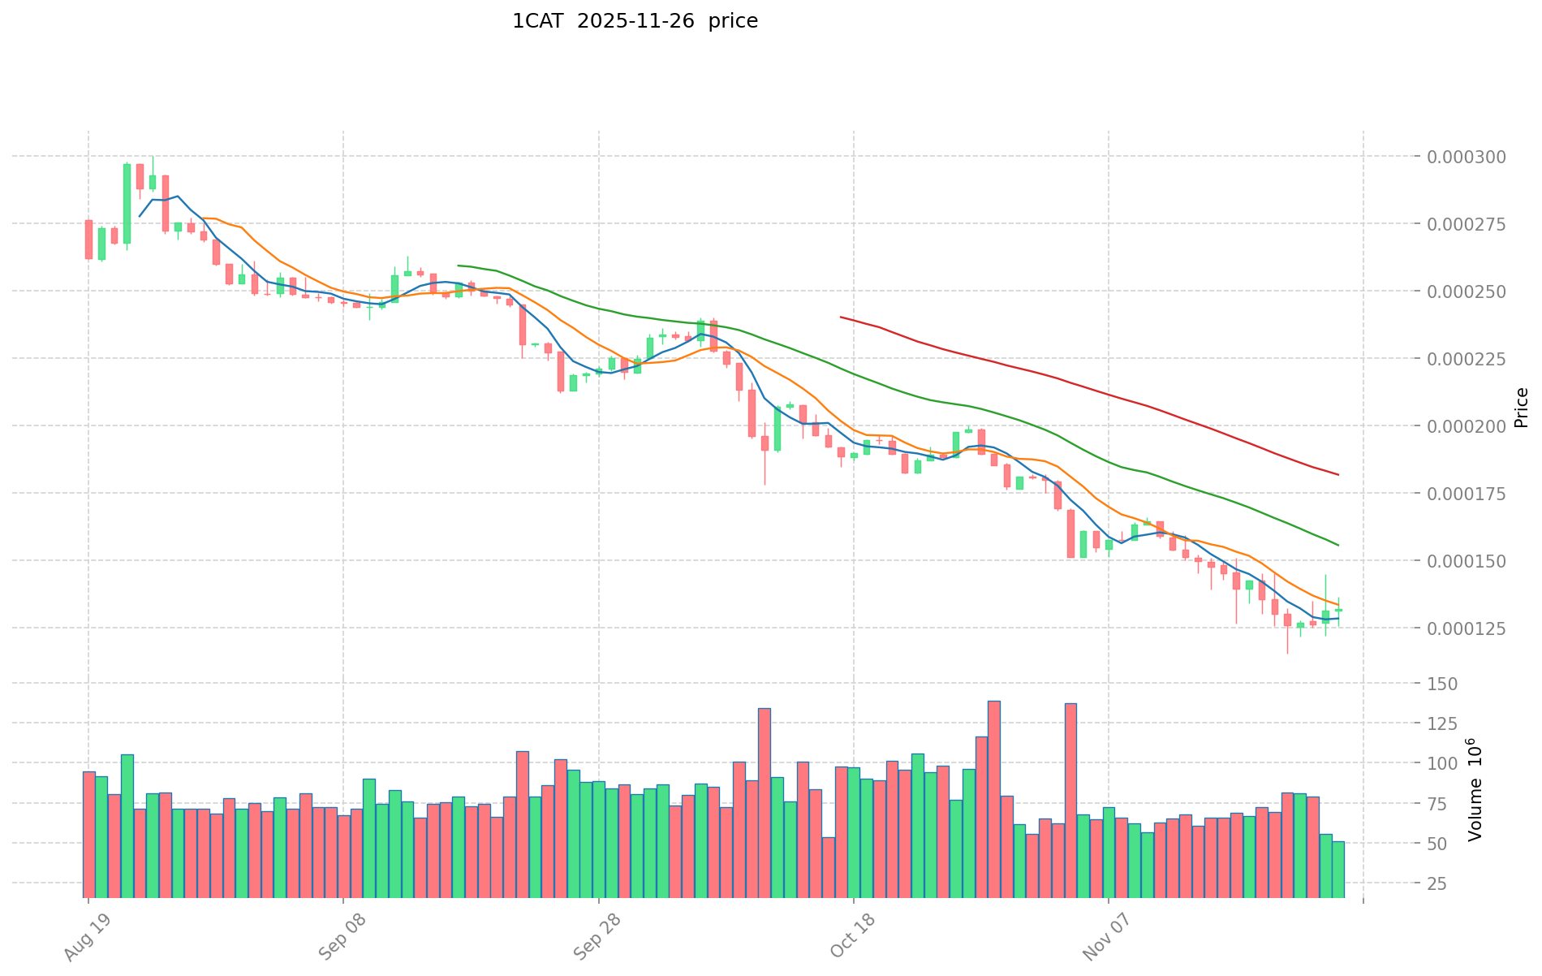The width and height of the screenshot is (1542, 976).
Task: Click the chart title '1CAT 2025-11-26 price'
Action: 635,22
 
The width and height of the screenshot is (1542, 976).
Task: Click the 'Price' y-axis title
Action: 1521,408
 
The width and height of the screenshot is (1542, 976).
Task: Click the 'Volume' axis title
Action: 1475,790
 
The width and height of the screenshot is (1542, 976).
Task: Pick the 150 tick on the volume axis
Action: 1445,684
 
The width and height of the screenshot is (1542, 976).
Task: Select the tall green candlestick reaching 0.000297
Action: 127,203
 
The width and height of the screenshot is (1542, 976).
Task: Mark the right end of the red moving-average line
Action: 1337,474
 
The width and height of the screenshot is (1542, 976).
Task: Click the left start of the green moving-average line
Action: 459,266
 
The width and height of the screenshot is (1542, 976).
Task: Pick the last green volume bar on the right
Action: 1337,870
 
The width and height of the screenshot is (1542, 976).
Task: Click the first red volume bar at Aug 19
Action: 88,834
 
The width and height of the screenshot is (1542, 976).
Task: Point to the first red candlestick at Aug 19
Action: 88,240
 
